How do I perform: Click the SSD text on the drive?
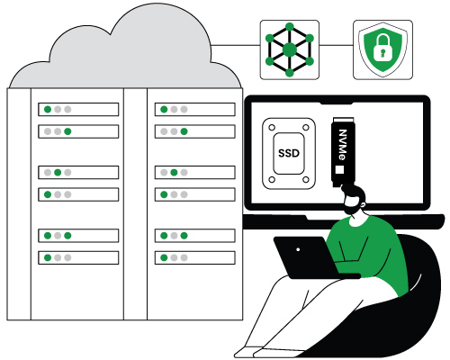tap(289, 153)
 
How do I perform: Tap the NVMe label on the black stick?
tap(343, 145)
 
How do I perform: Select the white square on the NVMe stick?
tap(339, 169)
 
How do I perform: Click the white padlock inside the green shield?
tap(382, 48)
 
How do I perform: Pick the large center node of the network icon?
tap(290, 49)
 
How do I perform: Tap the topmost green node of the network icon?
tap(290, 27)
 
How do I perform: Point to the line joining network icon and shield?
tap(336, 46)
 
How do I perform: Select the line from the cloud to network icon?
tap(235, 46)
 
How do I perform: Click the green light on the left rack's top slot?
tap(48, 109)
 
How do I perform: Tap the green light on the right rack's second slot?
tap(184, 131)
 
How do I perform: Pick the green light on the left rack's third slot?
tap(58, 173)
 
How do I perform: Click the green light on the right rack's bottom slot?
tap(164, 257)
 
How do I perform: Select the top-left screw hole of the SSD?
tap(272, 128)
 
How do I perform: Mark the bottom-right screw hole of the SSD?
tap(306, 180)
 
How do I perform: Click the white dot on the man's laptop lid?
tap(298, 249)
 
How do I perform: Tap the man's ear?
tap(363, 205)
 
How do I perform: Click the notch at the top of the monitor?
tap(337, 103)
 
